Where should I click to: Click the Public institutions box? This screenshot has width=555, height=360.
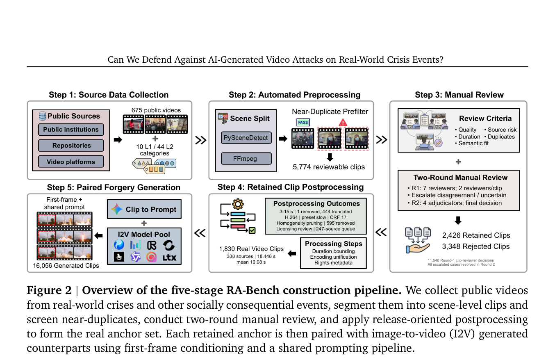click(x=71, y=129)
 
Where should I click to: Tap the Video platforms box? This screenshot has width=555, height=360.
click(x=71, y=162)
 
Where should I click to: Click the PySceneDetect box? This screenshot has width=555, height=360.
click(x=246, y=138)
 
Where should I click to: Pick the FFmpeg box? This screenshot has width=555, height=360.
click(x=246, y=159)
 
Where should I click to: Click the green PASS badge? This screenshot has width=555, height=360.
click(x=303, y=123)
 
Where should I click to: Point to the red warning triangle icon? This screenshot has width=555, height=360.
click(x=343, y=123)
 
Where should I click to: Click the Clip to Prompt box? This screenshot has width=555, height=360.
click(x=144, y=209)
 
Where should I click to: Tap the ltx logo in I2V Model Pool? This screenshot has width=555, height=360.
click(x=169, y=257)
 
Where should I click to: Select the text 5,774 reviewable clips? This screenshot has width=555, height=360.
click(x=329, y=167)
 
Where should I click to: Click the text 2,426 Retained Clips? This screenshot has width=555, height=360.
click(x=476, y=235)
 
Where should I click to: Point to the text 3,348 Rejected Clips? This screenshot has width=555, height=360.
click(x=476, y=246)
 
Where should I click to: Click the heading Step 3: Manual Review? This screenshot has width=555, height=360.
click(x=459, y=95)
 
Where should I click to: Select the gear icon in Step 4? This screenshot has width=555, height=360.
click(x=238, y=204)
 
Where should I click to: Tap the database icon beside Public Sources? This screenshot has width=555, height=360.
click(x=42, y=116)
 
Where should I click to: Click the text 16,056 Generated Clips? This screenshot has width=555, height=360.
click(x=66, y=266)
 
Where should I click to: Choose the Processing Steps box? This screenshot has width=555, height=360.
click(x=333, y=253)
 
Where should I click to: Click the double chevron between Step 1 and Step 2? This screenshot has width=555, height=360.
click(x=201, y=140)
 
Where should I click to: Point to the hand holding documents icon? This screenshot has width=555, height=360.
click(x=418, y=240)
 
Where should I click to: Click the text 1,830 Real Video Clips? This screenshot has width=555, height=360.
click(x=251, y=249)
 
